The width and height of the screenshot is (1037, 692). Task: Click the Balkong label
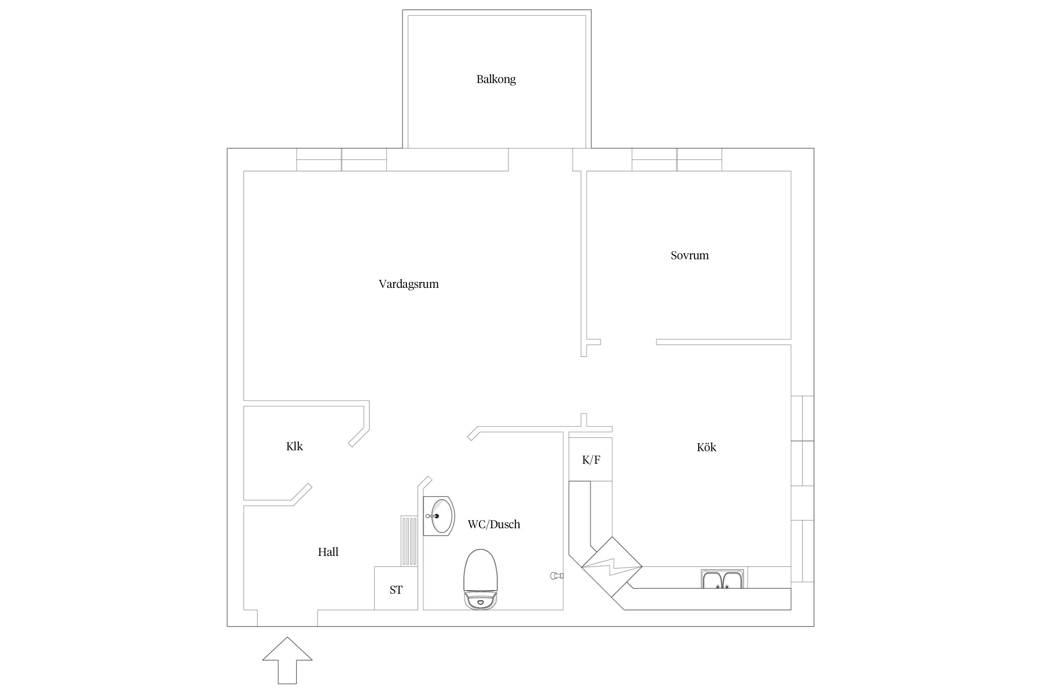pos(496,79)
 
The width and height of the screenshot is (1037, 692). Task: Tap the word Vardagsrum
pos(408,284)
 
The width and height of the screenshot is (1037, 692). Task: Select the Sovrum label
pos(689,256)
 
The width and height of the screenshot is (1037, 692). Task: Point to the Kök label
pos(706,447)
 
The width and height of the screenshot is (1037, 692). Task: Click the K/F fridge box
pos(591,459)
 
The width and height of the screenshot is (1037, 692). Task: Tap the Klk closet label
pos(295,446)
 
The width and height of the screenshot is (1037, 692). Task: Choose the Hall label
pos(328,552)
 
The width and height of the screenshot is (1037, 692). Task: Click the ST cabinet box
pos(396,589)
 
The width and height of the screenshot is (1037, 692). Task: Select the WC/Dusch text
pos(494,524)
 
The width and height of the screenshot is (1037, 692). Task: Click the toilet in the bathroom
pos(481,579)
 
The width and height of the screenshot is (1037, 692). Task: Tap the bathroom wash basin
pos(438,516)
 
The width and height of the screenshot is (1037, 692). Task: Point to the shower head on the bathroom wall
pos(556,575)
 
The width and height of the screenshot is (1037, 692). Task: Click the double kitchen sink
pos(722,579)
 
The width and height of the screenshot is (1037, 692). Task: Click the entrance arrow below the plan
pos(287,667)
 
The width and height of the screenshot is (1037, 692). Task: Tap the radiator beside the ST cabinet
pos(409,541)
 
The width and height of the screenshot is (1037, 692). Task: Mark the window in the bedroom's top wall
pos(677,160)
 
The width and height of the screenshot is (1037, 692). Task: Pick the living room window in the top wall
pos(341,160)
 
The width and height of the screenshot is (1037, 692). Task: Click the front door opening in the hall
pos(287,618)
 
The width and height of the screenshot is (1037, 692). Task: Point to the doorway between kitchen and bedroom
pos(628,342)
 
